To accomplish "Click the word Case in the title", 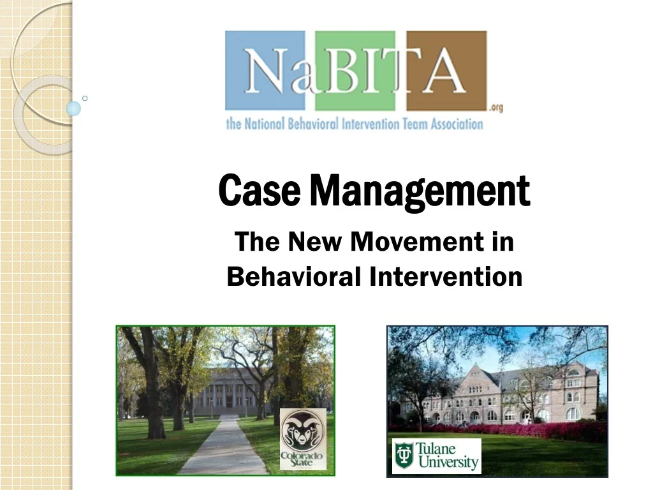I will [x=259, y=191].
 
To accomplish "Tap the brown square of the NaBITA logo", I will [x=446, y=70].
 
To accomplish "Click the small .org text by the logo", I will [x=495, y=108].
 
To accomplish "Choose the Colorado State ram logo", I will [x=303, y=439].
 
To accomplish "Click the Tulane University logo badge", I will [x=436, y=456].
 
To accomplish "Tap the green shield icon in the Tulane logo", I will [x=404, y=456].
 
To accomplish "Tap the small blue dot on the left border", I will [x=74, y=108].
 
